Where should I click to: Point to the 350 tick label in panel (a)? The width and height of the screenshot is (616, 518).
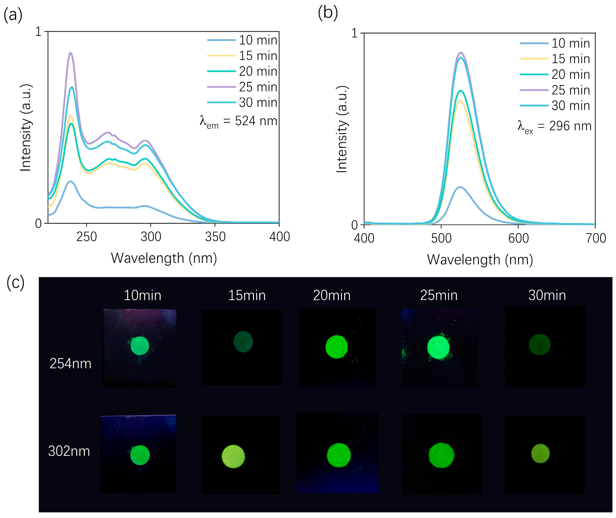(x=215, y=237)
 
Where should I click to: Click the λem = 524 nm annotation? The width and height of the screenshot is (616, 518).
(x=238, y=121)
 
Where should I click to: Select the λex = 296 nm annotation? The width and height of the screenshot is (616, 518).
(x=554, y=127)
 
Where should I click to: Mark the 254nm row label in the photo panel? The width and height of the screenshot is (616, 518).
(x=71, y=364)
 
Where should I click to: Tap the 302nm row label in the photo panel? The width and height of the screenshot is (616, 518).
(x=69, y=451)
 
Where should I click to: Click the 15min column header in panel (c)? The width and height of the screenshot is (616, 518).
(x=247, y=295)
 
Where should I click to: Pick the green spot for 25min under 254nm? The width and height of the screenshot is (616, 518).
(x=438, y=348)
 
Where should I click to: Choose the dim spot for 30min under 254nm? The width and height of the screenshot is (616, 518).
(x=540, y=344)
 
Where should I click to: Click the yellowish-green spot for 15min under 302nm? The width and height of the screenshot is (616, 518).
(x=233, y=456)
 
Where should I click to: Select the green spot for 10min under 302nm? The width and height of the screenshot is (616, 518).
(x=140, y=455)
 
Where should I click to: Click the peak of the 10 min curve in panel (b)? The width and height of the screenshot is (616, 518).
(x=460, y=187)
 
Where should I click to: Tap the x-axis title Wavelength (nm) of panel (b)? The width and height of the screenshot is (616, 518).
(x=480, y=260)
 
